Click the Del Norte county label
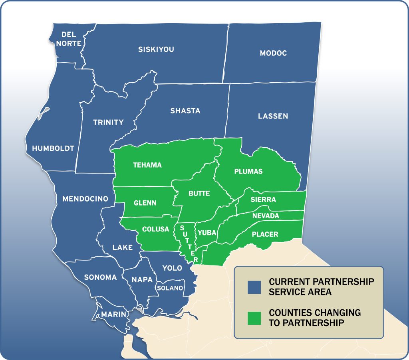69,39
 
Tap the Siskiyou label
156,49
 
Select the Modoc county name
273,53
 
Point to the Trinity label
108,122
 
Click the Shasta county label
185,111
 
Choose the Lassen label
273,116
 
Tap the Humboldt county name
53,148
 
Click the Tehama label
147,165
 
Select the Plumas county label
248,171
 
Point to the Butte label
199,193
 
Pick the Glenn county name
145,203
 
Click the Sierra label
263,199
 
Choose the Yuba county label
207,232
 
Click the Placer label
265,234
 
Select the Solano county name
170,288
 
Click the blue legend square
254,287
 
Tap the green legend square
254,318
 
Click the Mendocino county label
85,198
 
